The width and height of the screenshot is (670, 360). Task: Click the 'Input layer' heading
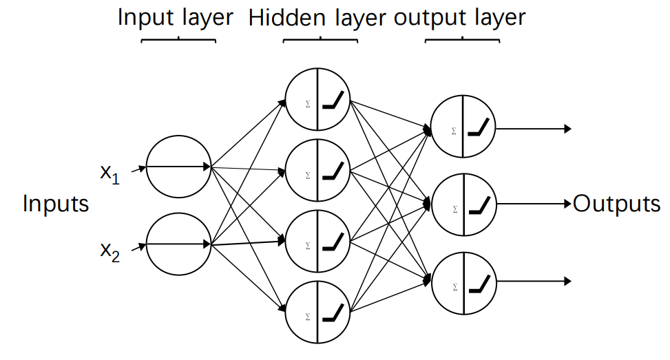176,17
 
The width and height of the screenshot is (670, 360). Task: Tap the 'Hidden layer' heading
317,19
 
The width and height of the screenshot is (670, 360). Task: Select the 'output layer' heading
459,17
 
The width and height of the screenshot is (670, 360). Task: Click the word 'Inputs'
56,204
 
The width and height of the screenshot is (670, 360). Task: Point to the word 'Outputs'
616,204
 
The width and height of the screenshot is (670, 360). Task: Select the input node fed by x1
178,167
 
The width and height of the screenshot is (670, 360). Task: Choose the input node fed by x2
178,244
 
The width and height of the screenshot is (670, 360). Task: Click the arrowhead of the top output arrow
568,128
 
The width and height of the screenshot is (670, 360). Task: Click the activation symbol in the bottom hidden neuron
334,315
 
